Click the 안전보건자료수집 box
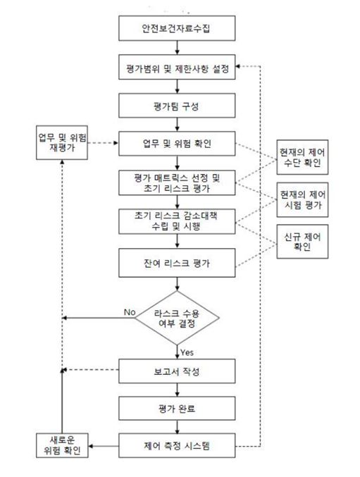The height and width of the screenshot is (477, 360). tap(177, 28)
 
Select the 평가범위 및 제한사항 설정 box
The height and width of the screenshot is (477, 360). tap(177, 67)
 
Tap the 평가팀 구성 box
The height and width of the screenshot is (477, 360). tap(177, 106)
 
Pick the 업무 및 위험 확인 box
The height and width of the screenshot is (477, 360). tap(177, 144)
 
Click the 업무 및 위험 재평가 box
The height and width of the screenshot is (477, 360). tap(62, 142)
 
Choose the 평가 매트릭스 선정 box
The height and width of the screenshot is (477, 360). tap(177, 182)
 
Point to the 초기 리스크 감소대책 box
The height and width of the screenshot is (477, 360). tap(177, 221)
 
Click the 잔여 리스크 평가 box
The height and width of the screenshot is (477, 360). tap(177, 263)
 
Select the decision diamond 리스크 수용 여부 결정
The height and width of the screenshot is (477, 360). tap(177, 318)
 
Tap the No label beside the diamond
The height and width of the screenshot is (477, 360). tap(130, 312)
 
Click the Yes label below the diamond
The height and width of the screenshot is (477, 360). tap(187, 352)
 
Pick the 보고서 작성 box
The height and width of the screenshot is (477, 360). tap(177, 371)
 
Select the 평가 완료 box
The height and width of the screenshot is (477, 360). tap(177, 408)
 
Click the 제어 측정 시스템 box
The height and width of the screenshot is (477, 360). tap(177, 446)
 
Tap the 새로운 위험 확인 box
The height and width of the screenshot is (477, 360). tap(62, 445)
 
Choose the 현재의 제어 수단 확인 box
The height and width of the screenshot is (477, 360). tap(302, 157)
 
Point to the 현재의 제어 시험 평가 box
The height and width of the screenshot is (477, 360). tap(302, 199)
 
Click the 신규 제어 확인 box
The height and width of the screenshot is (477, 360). tap(302, 242)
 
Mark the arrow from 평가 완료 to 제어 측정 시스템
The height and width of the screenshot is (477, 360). tap(177, 427)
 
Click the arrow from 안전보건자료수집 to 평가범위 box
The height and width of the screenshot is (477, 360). tap(177, 48)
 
